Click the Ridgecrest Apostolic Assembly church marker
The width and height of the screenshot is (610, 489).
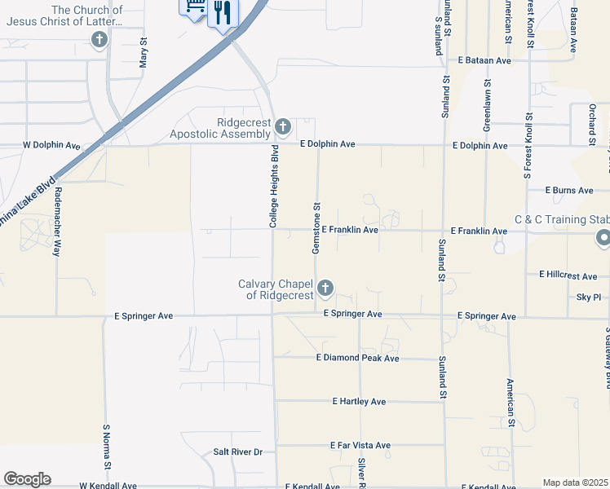click(x=283, y=127)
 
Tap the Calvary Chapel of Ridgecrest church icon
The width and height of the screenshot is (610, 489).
click(x=325, y=288)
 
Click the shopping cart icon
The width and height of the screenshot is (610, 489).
click(x=194, y=7)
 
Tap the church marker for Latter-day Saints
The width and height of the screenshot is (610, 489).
click(x=99, y=40)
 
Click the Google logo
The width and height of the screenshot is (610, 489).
click(x=27, y=479)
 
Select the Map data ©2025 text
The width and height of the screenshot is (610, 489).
click(x=576, y=482)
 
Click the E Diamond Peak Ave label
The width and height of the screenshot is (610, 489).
click(x=358, y=358)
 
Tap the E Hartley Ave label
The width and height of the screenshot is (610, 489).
click(x=359, y=402)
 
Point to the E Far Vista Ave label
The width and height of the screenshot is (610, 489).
click(x=360, y=446)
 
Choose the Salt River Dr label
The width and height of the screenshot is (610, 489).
click(x=237, y=452)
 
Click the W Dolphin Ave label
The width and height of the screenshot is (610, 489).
click(x=51, y=146)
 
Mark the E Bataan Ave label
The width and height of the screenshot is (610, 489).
click(x=484, y=60)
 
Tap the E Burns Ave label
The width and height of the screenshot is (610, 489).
click(x=571, y=191)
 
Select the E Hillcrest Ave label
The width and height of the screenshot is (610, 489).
click(x=568, y=275)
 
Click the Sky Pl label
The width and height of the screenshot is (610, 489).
click(x=588, y=298)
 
